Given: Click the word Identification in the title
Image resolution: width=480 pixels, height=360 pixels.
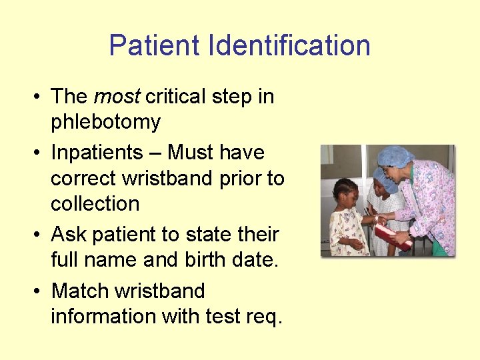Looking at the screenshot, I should click(x=289, y=45).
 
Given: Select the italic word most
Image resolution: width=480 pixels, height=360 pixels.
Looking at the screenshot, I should click(x=117, y=97).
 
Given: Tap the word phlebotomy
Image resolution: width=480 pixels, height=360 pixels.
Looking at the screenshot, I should click(x=105, y=122).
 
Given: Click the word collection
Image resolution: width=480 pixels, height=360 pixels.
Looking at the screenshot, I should click(x=95, y=203).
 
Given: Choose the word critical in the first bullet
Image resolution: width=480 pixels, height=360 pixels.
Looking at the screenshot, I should click(x=176, y=97).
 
